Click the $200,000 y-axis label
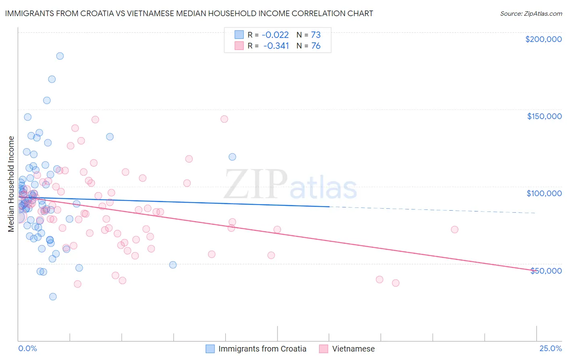(x=543, y=39)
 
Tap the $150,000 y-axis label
(x=544, y=116)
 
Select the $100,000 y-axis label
(x=544, y=193)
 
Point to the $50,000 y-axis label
(x=546, y=271)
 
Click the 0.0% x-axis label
(x=27, y=349)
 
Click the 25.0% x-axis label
(x=550, y=349)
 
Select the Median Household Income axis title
(x=11, y=184)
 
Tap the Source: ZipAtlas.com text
(x=531, y=13)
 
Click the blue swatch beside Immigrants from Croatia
(x=210, y=349)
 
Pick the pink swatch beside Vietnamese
(x=323, y=349)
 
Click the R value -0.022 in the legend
(x=275, y=35)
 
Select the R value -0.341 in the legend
(x=276, y=46)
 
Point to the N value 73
(x=315, y=35)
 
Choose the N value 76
(x=315, y=46)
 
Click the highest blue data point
(x=60, y=56)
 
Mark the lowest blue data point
(x=53, y=297)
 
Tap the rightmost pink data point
(x=454, y=230)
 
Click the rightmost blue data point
(x=232, y=157)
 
